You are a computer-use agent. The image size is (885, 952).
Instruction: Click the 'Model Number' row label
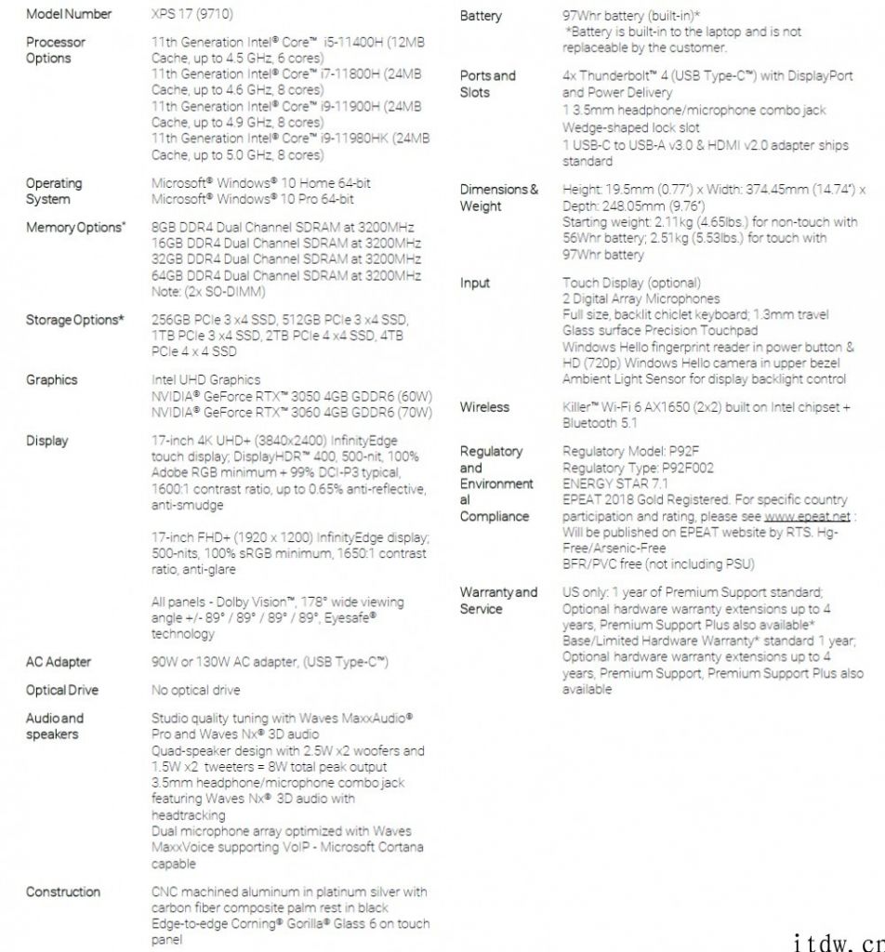point(69,14)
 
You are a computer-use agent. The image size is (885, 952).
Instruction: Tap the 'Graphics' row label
point(52,379)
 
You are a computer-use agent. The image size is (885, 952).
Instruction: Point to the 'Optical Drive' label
point(62,690)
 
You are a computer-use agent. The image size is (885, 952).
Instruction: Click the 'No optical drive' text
point(195,690)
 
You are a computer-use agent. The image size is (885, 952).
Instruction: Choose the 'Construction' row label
point(63,892)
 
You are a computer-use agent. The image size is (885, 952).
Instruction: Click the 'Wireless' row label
point(484,406)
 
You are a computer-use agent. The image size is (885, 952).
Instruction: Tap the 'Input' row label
point(475,283)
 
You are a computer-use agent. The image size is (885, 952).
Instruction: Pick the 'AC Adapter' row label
point(58,662)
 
